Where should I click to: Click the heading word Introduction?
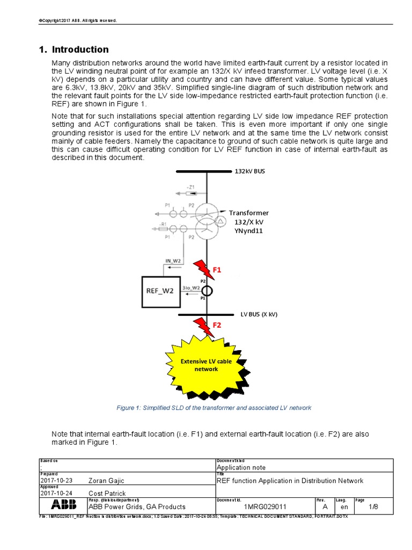pyautogui.click(x=80, y=49)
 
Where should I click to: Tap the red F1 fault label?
pyautogui.click(x=216, y=270)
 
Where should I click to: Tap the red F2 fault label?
pyautogui.click(x=216, y=325)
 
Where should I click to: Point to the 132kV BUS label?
pyautogui.click(x=250, y=171)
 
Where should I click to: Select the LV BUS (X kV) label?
pyautogui.click(x=259, y=314)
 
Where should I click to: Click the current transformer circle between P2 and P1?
pyautogui.click(x=207, y=291)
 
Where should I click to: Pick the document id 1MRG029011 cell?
pyautogui.click(x=265, y=506)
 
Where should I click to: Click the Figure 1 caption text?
pyautogui.click(x=214, y=408)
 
